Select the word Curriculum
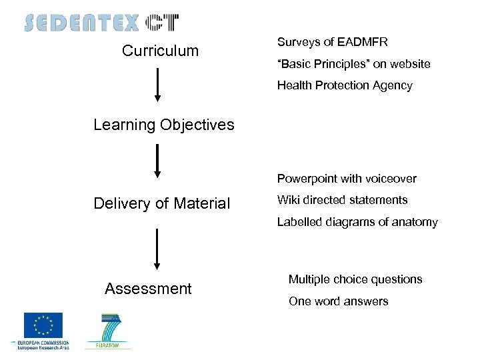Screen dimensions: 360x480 160,51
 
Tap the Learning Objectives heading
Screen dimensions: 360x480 164,125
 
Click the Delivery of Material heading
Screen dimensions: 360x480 162,203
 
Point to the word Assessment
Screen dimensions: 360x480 148,289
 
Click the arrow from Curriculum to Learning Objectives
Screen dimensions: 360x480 158,85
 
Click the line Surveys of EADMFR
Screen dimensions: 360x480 332,43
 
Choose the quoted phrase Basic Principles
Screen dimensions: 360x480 321,64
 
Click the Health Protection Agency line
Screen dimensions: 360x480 345,85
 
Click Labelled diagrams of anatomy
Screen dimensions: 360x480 357,222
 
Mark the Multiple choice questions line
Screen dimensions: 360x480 355,279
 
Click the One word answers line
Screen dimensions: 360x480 338,301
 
